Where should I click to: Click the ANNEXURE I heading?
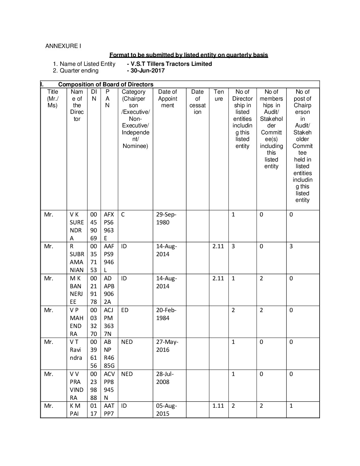pyautogui.click(x=63, y=46)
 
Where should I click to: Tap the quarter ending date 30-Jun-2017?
pyautogui.click(x=147, y=70)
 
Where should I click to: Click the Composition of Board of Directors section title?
pyautogui.click(x=106, y=84)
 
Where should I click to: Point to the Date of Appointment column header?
pyautogui.click(x=167, y=99)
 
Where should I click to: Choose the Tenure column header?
pyautogui.click(x=219, y=95)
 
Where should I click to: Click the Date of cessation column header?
pyautogui.click(x=198, y=102)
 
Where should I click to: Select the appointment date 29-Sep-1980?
pyautogui.click(x=167, y=218)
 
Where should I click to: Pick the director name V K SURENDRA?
pyautogui.click(x=77, y=226)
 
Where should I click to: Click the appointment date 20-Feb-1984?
pyautogui.click(x=167, y=314)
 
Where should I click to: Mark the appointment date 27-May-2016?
pyautogui.click(x=167, y=346)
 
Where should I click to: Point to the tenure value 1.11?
pyautogui.click(x=218, y=406)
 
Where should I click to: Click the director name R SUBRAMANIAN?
pyautogui.click(x=77, y=258)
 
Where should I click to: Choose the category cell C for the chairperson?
pyautogui.click(x=123, y=214)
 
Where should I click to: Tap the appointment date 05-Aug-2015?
pyautogui.click(x=167, y=410)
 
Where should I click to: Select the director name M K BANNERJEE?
pyautogui.click(x=77, y=290)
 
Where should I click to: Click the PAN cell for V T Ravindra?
pyautogui.click(x=109, y=354)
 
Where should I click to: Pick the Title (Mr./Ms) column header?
pyautogui.click(x=53, y=99)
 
